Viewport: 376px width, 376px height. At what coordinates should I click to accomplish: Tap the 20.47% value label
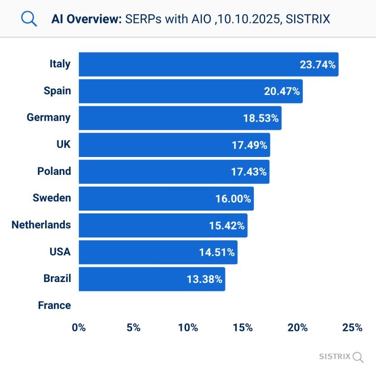pyautogui.click(x=282, y=91)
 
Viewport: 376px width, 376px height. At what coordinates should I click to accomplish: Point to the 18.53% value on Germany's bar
pyautogui.click(x=261, y=118)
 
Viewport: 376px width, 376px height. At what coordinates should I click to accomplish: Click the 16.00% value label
pyautogui.click(x=233, y=199)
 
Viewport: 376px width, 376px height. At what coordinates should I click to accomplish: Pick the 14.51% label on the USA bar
pyautogui.click(x=217, y=252)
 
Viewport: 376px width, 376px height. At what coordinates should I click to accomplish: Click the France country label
pyautogui.click(x=54, y=305)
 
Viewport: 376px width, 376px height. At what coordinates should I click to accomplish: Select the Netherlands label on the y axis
pyautogui.click(x=41, y=225)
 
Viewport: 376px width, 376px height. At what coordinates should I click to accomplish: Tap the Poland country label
pyautogui.click(x=54, y=171)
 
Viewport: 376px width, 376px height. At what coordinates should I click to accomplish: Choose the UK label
pyautogui.click(x=63, y=144)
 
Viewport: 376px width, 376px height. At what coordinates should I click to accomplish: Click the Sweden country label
pyautogui.click(x=52, y=198)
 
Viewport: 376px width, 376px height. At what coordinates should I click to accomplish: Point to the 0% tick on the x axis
pyautogui.click(x=79, y=328)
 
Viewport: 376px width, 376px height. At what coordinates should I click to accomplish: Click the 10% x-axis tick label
pyautogui.click(x=188, y=328)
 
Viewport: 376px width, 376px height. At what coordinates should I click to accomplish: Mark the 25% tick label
pyautogui.click(x=352, y=328)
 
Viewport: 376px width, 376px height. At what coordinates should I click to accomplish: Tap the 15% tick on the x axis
pyautogui.click(x=243, y=328)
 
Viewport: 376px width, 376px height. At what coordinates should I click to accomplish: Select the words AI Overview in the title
pyautogui.click(x=87, y=19)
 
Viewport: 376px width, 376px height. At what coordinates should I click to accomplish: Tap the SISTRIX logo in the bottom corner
pyautogui.click(x=341, y=356)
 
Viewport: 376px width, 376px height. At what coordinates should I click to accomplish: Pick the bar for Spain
pyautogui.click(x=190, y=91)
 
